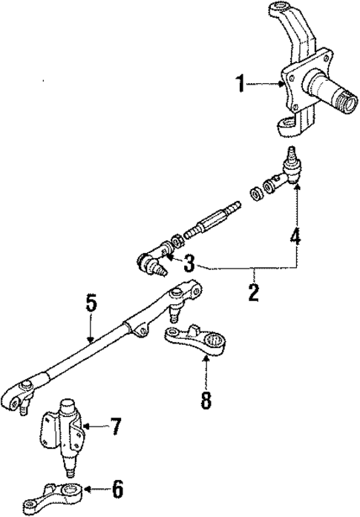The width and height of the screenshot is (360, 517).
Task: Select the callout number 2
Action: (254, 292)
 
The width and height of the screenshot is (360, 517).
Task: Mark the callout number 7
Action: (114, 427)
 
